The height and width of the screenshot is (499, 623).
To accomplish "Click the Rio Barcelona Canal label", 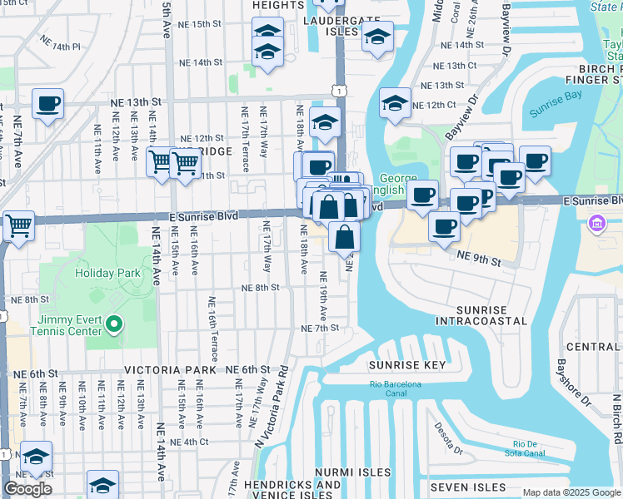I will (396, 388).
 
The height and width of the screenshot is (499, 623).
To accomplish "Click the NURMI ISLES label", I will (352, 472).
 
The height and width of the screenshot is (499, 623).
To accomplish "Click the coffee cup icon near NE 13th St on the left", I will (48, 105).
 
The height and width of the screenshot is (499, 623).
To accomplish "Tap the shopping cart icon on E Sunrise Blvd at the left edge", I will (18, 225).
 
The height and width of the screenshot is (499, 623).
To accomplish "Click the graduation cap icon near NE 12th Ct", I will (396, 103).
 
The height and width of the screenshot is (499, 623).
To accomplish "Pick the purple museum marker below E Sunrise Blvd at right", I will (596, 224).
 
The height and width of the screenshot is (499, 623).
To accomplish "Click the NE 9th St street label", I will (478, 260).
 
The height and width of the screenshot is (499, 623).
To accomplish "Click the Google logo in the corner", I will (27, 489).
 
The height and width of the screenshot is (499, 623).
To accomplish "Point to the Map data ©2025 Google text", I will (571, 492).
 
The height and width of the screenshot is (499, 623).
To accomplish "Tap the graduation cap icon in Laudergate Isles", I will (377, 37).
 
